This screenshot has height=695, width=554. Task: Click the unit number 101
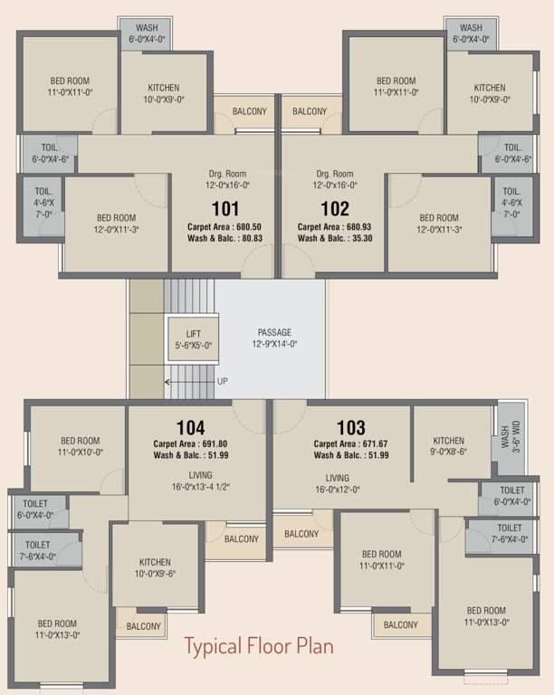coord(225,209)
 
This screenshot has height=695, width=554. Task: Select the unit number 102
coord(334,209)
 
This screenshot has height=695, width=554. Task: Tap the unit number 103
coord(350,427)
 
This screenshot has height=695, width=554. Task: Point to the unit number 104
coord(190,427)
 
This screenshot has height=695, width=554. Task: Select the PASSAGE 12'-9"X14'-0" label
coord(274,338)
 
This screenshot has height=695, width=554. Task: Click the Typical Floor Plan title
coord(259,646)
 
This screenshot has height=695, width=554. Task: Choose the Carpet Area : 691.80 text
coord(190,443)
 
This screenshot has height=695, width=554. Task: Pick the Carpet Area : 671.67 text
coord(350,443)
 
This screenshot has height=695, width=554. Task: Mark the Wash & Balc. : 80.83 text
coord(226,239)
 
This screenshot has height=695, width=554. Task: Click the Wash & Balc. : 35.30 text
coord(334,239)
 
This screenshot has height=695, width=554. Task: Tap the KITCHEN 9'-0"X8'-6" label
coord(449,446)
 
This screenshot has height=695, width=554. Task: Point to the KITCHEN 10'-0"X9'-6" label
coord(156,566)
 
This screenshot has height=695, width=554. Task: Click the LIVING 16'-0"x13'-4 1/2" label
coord(201,481)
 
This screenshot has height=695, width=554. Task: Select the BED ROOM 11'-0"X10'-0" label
coord(80,446)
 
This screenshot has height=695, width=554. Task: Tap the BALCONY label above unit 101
coord(250,111)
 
